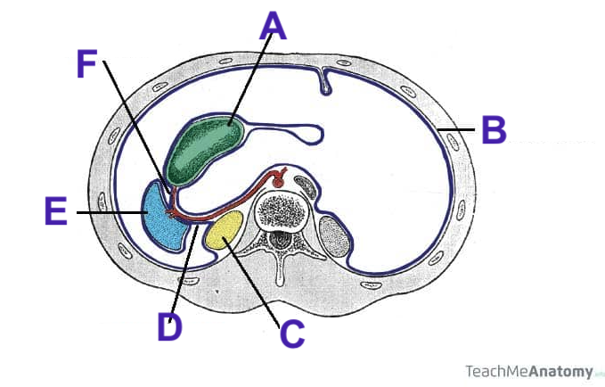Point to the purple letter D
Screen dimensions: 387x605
[169, 326]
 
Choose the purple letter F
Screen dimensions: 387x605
[86, 63]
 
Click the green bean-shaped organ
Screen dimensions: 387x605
[208, 146]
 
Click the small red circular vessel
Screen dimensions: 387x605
[277, 179]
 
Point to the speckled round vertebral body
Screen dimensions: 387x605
[284, 211]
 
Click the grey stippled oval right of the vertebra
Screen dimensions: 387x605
[334, 236]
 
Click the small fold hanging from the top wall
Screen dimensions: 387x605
[327, 83]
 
